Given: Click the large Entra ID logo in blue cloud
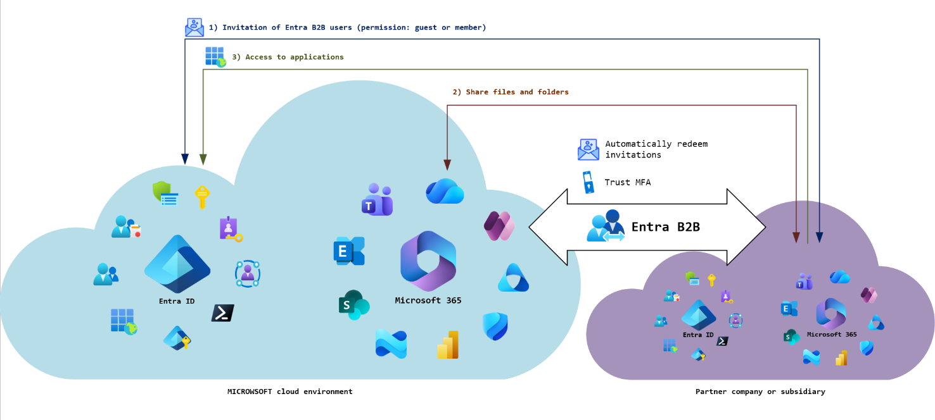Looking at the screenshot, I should pyautogui.click(x=177, y=264).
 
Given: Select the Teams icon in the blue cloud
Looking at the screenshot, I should pyautogui.click(x=377, y=199).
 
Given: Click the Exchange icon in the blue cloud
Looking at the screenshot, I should pyautogui.click(x=349, y=251).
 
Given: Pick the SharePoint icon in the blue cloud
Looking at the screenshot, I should pyautogui.click(x=353, y=305).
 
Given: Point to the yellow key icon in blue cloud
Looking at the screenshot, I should pyautogui.click(x=201, y=197).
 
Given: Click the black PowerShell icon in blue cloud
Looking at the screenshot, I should pyautogui.click(x=222, y=313).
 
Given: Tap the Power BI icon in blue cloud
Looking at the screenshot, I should pyautogui.click(x=448, y=345).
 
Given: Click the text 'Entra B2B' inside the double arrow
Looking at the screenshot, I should pyautogui.click(x=665, y=226).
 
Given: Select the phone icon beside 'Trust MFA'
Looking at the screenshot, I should pyautogui.click(x=589, y=182).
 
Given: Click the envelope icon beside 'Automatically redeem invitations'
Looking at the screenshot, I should pyautogui.click(x=588, y=149).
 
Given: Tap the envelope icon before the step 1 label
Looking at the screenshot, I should pyautogui.click(x=194, y=27).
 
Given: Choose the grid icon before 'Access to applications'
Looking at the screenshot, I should pyautogui.click(x=215, y=57).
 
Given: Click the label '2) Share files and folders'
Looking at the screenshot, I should pyautogui.click(x=511, y=92).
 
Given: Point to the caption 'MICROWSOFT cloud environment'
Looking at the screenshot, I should pyautogui.click(x=289, y=392).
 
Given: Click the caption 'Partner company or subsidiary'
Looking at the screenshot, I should pyautogui.click(x=760, y=392).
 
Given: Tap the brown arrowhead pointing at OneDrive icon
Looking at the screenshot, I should pyautogui.click(x=447, y=165).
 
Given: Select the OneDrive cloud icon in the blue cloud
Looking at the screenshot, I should pyautogui.click(x=445, y=191).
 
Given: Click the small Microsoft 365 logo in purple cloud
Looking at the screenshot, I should pyautogui.click(x=831, y=314).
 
